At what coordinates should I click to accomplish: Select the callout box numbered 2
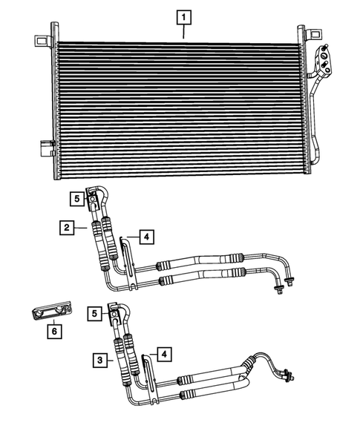coord(68,228)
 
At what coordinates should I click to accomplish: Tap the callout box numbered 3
coord(99,361)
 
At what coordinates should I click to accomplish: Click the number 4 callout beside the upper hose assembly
coord(146,237)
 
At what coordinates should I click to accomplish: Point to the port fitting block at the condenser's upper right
coord(326,61)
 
